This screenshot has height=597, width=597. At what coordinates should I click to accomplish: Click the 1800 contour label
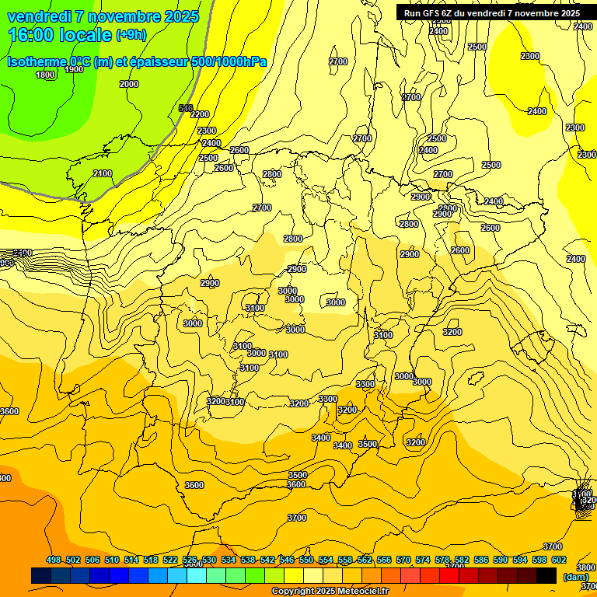coord(45,75)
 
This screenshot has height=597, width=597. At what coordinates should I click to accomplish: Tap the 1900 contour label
coord(74,69)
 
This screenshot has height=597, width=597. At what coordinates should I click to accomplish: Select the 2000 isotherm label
coord(129,84)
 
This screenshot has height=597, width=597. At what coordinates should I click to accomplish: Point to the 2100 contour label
coord(103,173)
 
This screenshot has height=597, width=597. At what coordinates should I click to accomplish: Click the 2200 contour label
coord(200,114)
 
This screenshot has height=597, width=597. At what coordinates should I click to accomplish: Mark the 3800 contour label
coord(585,567)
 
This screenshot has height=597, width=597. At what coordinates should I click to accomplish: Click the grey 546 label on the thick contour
coord(186,108)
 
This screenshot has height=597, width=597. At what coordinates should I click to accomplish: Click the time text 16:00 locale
coord(60,35)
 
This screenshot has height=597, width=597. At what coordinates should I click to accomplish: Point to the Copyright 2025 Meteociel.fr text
coord(330,592)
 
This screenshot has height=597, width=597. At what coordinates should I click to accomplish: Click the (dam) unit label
coord(576,576)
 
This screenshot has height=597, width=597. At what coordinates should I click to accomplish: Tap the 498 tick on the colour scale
coord(54,560)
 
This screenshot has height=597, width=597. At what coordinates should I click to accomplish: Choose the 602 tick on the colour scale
coord(559,560)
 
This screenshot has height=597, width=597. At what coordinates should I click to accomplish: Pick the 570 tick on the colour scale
coord(403,560)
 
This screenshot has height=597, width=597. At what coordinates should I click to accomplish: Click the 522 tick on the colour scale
coord(170,560)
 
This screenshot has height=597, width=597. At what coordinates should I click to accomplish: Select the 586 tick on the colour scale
coord(481,560)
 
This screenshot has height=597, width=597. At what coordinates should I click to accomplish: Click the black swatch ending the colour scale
coord(546,576)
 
